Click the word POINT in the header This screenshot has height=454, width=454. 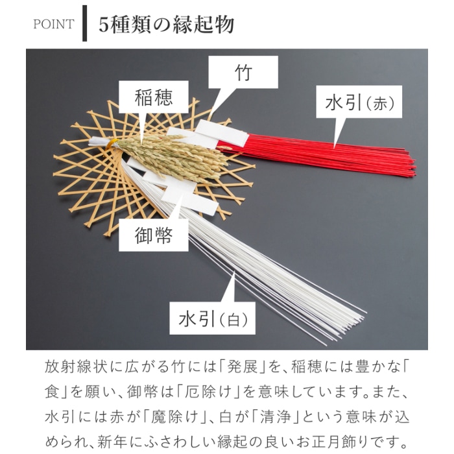click(x=54, y=24)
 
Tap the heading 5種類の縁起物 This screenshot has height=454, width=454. click(x=167, y=25)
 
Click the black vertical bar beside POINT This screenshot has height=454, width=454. click(x=84, y=23)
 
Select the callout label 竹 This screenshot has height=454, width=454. click(x=243, y=72)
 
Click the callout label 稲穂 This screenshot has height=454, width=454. click(x=154, y=97)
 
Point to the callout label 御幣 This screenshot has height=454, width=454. click(x=154, y=235)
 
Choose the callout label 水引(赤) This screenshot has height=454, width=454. click(x=359, y=102)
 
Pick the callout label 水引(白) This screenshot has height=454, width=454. click(x=212, y=318)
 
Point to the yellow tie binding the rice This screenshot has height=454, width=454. click(x=112, y=143)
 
